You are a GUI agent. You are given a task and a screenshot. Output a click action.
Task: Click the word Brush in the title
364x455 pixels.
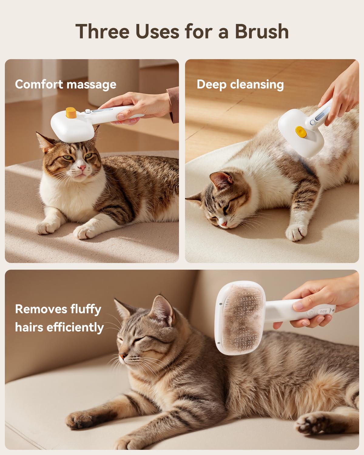[x=261, y=32]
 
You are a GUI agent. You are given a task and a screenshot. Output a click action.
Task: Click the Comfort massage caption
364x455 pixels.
[x=66, y=84]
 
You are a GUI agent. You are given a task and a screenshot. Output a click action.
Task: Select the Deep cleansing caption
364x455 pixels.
[x=240, y=84]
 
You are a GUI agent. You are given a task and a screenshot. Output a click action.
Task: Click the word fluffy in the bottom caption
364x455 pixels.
[x=86, y=309]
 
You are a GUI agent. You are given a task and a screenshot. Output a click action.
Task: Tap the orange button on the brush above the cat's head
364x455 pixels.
[x=71, y=113]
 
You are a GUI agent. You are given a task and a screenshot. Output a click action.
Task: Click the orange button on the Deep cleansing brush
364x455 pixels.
[x=300, y=132]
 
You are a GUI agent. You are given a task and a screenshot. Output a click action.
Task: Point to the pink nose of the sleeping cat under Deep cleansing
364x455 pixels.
[x=224, y=224]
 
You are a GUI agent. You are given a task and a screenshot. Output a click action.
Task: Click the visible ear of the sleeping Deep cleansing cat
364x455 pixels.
[x=221, y=180]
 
